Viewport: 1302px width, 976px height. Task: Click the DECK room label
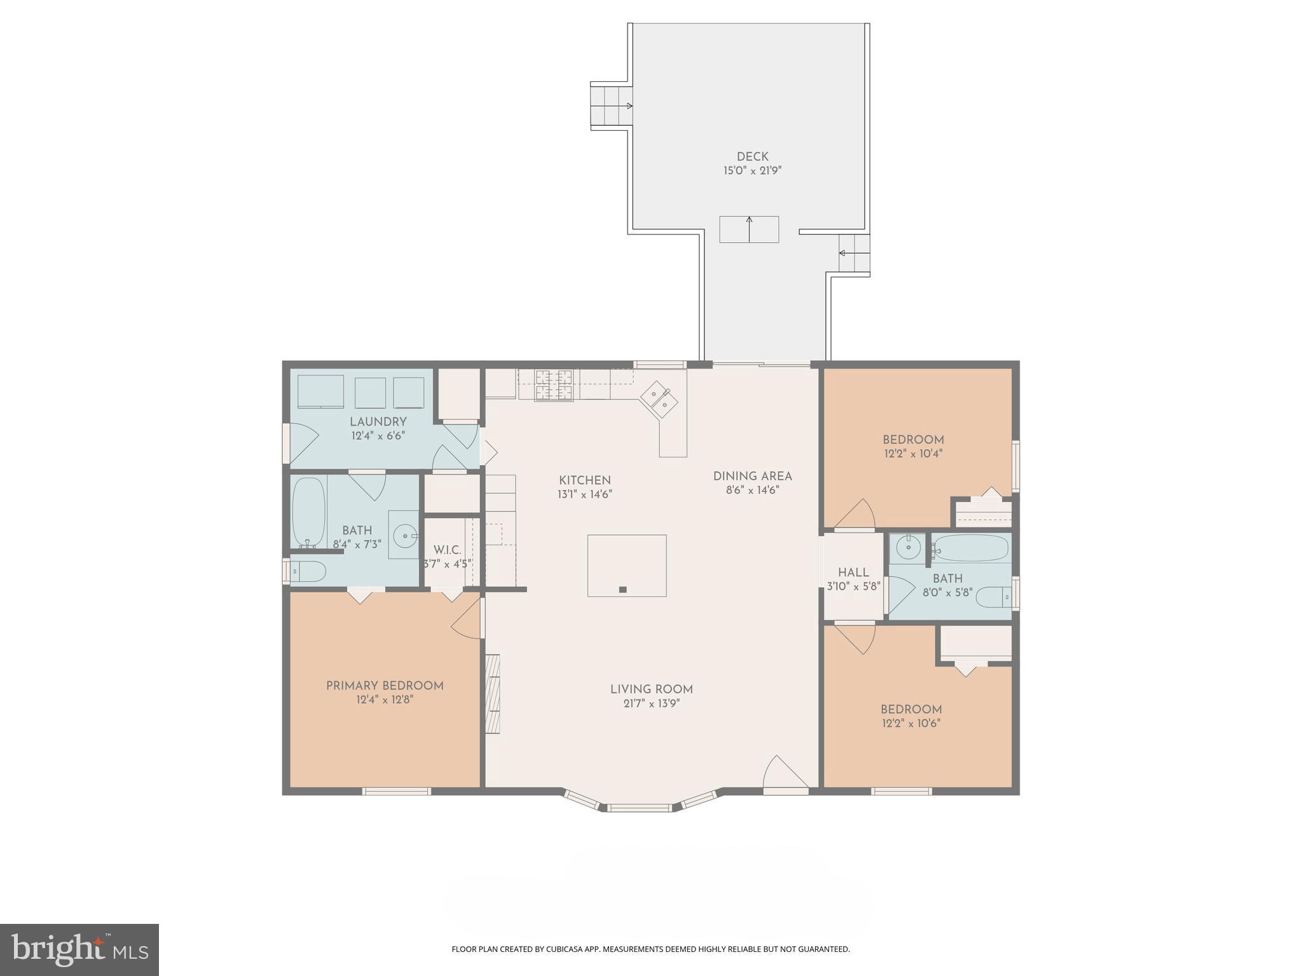point(752,156)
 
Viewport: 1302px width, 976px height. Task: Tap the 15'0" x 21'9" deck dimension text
point(752,171)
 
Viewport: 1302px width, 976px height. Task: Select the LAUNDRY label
point(378,422)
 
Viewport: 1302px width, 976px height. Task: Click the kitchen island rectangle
point(627,566)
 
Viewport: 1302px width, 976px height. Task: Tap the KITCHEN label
point(585,480)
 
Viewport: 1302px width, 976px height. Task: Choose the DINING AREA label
point(752,476)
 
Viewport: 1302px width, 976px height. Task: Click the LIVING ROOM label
point(651,689)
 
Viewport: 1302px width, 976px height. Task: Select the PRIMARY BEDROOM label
point(385,686)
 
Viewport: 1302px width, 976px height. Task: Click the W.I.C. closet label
point(447,550)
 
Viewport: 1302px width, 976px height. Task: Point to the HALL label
point(853,573)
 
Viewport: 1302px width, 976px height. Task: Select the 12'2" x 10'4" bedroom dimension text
point(913,454)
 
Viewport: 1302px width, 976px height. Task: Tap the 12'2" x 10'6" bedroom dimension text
point(911,723)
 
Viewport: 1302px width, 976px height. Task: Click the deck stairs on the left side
point(611,105)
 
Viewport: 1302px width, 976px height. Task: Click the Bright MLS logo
point(79,949)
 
